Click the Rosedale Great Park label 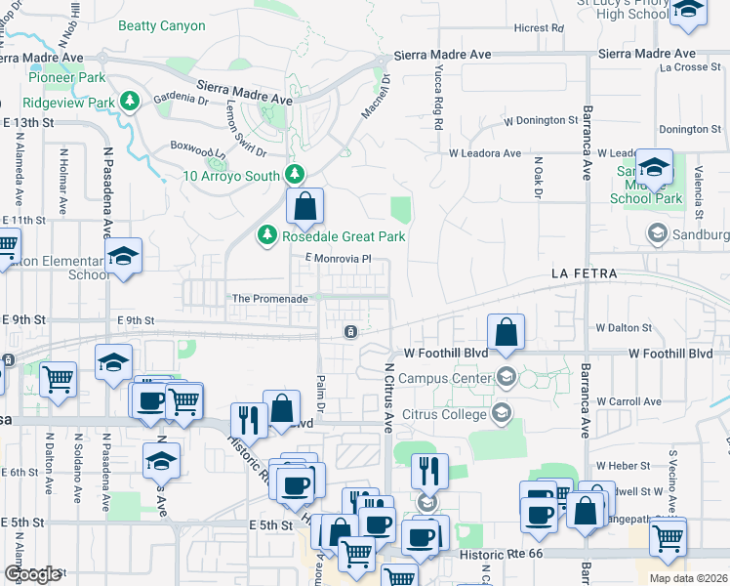click(344, 236)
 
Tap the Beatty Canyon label click(162, 26)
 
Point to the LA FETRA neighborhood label click(584, 274)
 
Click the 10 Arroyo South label click(231, 176)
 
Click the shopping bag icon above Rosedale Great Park click(304, 206)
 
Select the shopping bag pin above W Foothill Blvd click(506, 332)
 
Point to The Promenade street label click(269, 299)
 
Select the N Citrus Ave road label click(387, 397)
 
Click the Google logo click(33, 574)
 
